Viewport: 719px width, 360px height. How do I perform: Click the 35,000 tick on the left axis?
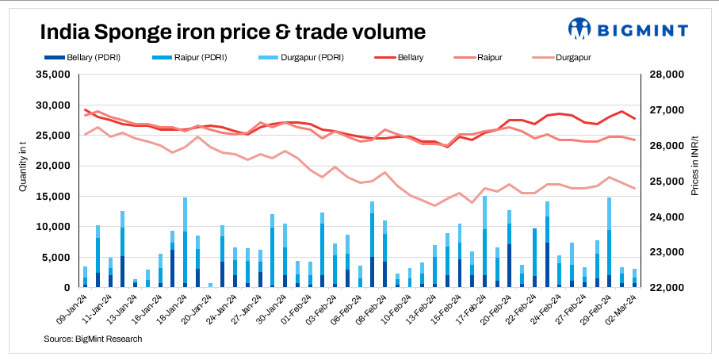[x=53, y=75]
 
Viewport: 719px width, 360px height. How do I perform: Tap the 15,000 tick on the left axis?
[x=53, y=197]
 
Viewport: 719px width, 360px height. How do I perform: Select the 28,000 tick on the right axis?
[x=666, y=75]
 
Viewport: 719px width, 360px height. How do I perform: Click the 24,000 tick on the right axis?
[x=666, y=217]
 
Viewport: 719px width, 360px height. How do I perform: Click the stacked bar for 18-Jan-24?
[x=185, y=243]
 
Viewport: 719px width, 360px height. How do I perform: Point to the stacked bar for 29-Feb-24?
[x=609, y=243]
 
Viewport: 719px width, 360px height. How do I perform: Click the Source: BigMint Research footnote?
[x=94, y=339]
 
